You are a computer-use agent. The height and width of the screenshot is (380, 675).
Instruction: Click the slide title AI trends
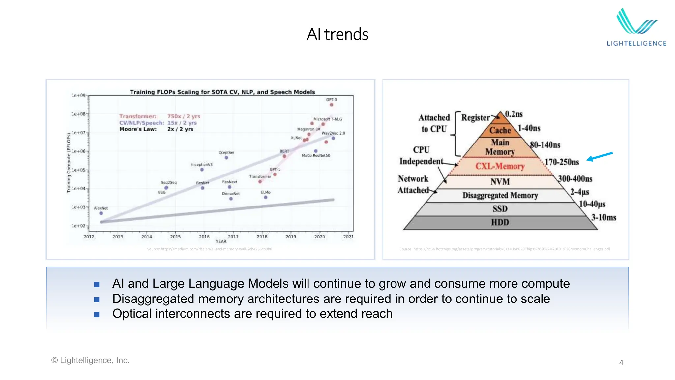point(337,34)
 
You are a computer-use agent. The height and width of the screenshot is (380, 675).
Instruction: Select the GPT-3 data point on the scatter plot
point(331,105)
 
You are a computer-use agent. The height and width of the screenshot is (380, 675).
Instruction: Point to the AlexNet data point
point(101,213)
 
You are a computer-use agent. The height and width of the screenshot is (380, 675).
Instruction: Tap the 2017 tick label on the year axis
point(233,237)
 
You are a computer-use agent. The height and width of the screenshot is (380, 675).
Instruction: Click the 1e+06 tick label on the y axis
point(78,151)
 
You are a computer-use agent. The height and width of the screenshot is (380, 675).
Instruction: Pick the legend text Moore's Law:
point(138,129)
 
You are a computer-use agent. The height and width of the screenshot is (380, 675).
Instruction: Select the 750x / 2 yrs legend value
point(184,116)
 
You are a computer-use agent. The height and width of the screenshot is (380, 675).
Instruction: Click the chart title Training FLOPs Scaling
point(222,92)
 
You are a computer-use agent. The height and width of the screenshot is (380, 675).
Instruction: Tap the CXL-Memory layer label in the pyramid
point(500,166)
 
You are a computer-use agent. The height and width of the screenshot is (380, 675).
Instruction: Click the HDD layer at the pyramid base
point(500,223)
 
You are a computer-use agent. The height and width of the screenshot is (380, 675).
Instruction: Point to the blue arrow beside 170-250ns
point(600,157)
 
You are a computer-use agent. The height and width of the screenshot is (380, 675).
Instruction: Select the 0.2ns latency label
point(514,114)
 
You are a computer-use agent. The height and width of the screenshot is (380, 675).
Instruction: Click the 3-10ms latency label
point(603,218)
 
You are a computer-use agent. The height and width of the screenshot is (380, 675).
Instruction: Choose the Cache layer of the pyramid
point(500,130)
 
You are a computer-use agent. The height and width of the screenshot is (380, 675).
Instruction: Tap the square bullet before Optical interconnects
point(97,315)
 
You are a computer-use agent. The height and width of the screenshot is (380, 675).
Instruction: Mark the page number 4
point(621,363)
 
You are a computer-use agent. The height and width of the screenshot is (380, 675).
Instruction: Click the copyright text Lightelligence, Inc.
point(94,360)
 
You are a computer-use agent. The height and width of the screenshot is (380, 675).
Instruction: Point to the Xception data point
point(226,158)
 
